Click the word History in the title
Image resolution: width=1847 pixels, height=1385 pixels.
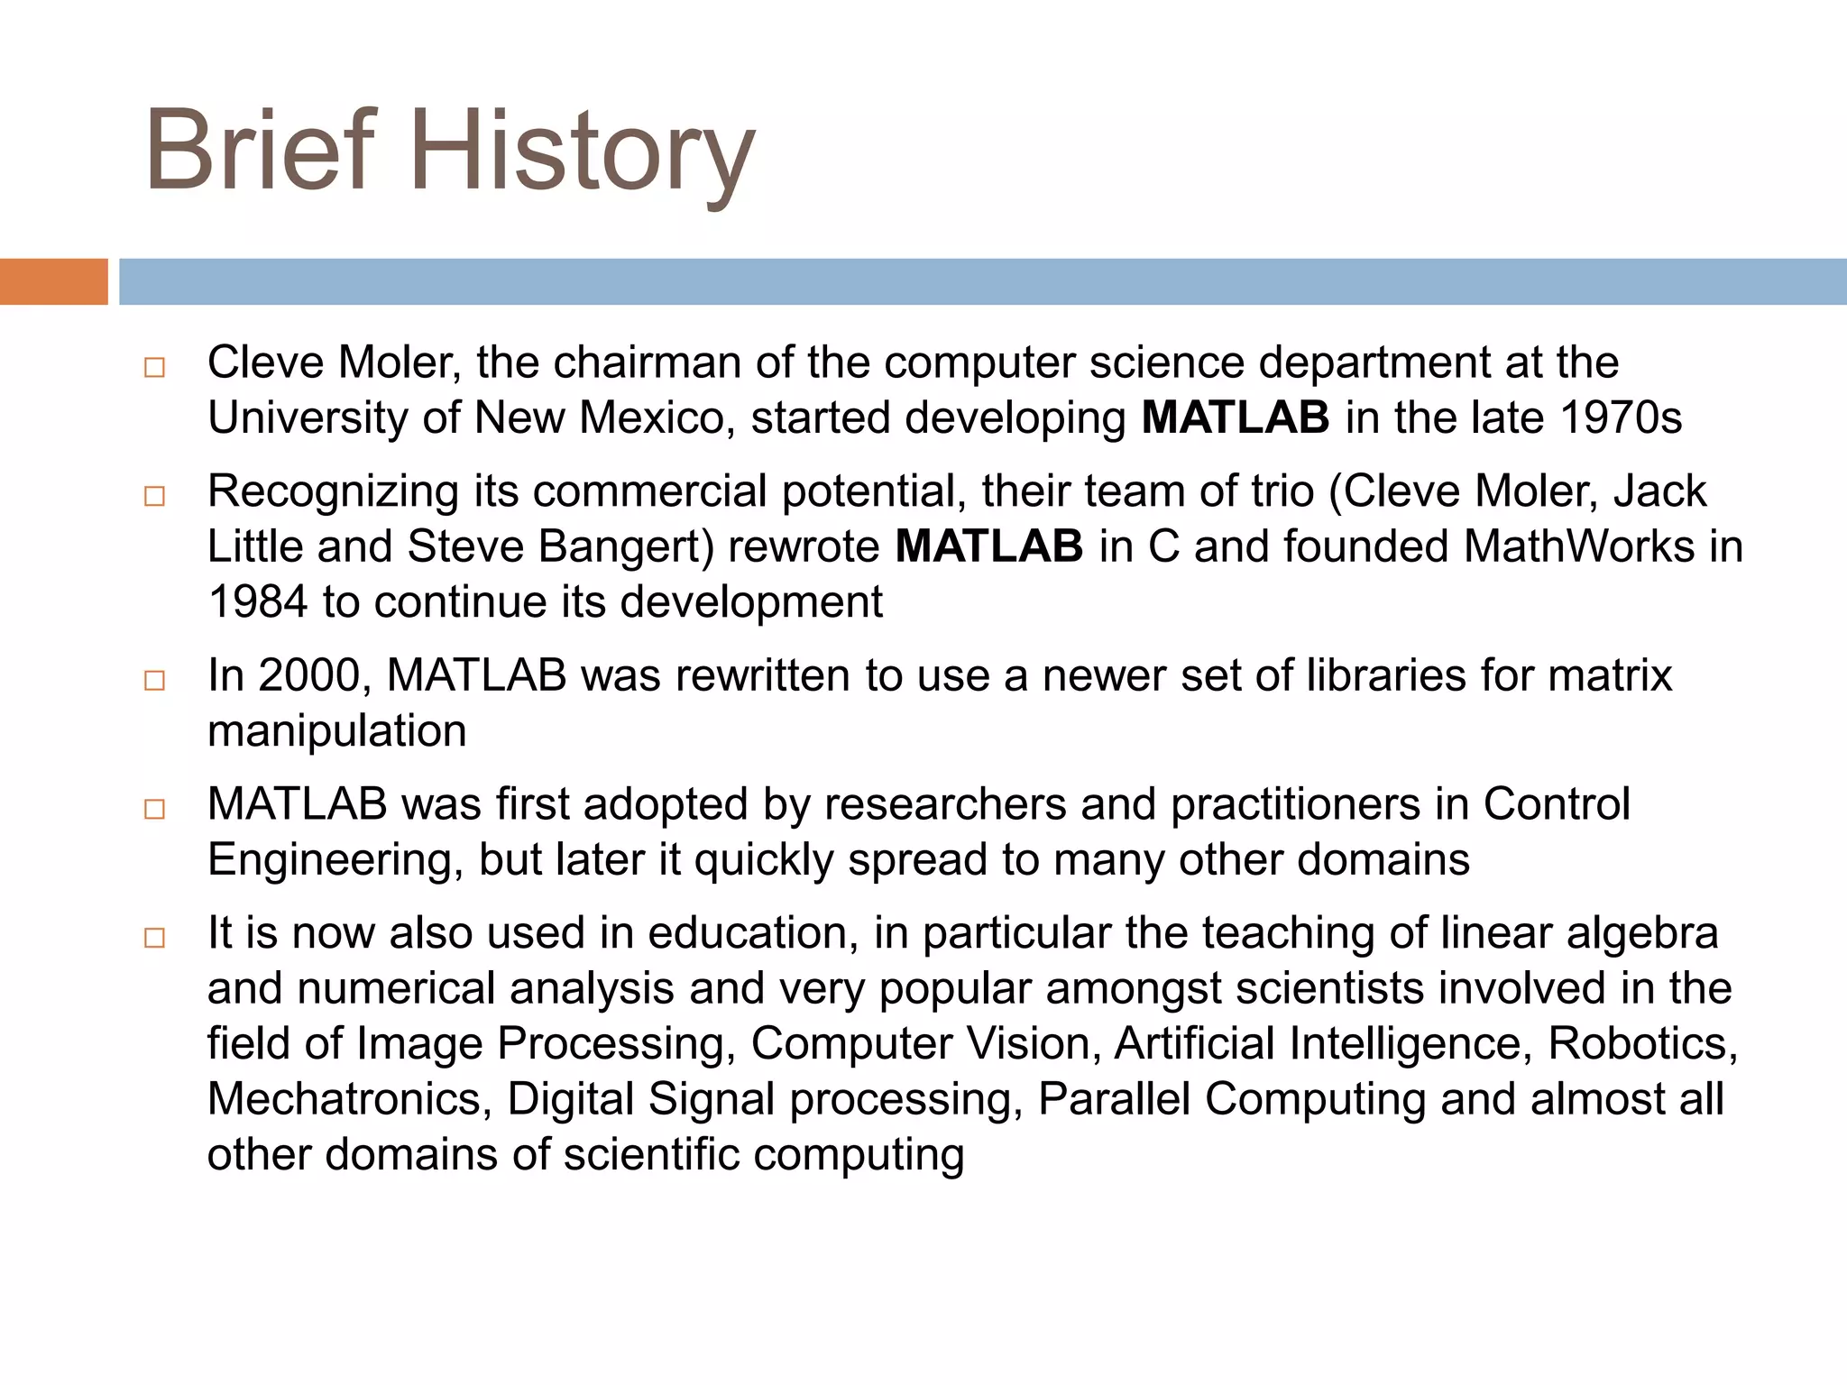[582, 151]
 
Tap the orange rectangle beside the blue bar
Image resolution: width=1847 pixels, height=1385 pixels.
[53, 281]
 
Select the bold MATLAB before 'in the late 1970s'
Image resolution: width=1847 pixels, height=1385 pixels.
[1235, 417]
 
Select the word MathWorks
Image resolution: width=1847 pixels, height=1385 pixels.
[1578, 546]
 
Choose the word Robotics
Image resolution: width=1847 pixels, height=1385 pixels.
[1642, 1043]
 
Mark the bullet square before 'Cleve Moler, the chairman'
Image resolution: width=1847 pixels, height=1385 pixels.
[154, 368]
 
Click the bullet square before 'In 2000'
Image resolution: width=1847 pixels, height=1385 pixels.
[154, 681]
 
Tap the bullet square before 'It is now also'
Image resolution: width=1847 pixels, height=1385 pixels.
[154, 939]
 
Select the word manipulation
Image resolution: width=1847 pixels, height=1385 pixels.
[336, 731]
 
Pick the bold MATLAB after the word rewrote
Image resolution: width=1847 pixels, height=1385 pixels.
[988, 546]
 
